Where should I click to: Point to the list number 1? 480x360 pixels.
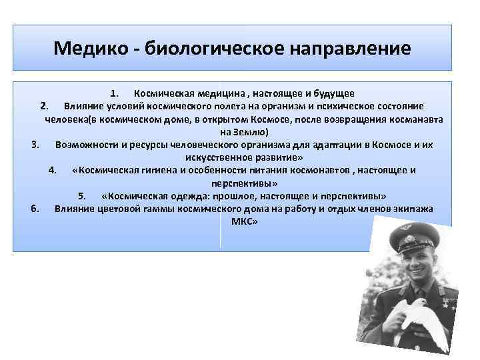click(x=114, y=93)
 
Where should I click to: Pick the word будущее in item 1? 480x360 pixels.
click(x=331, y=93)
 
